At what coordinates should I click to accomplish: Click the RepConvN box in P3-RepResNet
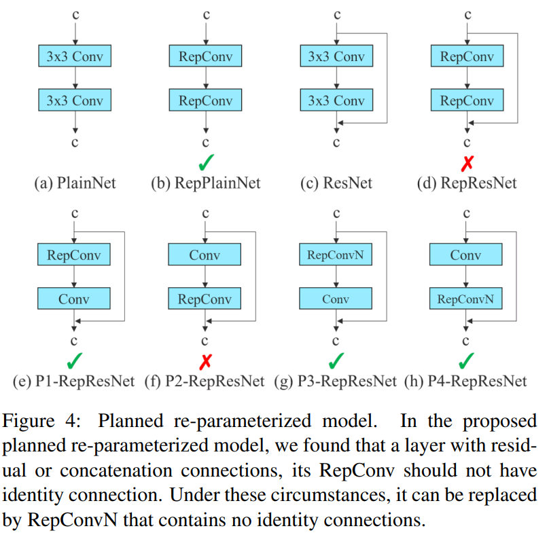336,256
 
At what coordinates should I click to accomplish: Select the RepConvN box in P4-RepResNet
466,298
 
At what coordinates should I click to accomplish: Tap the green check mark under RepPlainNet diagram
206,164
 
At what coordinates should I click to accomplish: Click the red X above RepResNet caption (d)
467,164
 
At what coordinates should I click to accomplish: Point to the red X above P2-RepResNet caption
205,361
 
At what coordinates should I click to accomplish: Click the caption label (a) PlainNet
75,183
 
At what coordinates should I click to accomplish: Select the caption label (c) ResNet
336,183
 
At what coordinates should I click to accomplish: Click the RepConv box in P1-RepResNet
74,256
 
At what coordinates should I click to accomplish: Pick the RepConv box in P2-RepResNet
205,298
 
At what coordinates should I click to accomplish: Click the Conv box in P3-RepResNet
336,298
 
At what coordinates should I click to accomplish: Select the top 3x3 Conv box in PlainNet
75,57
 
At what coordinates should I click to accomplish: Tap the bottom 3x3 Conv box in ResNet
336,100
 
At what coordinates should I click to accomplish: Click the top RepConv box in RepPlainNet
205,57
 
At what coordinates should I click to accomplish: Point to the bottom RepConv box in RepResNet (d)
466,100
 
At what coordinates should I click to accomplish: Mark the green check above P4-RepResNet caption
467,360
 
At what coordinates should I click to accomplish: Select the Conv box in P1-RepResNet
74,298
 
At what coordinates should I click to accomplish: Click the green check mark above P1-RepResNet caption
75,360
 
